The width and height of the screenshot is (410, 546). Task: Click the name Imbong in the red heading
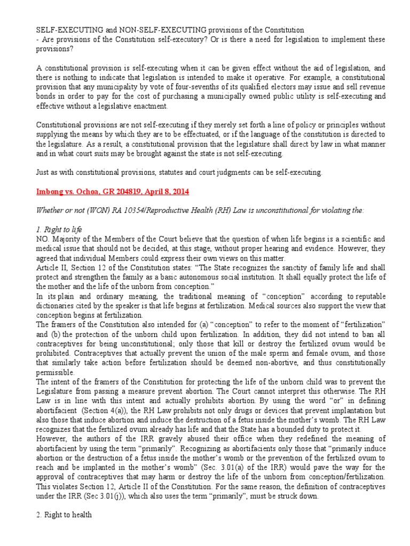click(x=50, y=191)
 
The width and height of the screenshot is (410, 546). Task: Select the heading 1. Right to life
click(x=59, y=229)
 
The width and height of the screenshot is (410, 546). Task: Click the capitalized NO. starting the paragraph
click(x=43, y=239)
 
